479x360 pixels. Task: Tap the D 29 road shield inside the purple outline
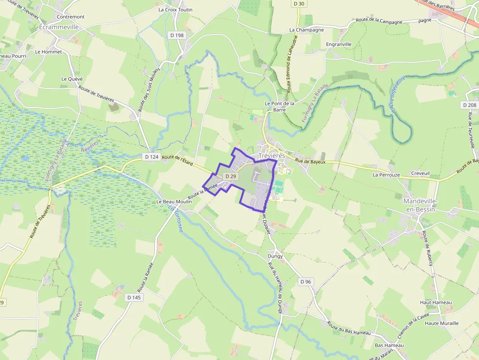[x=231, y=176]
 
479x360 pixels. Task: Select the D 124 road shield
[x=152, y=157]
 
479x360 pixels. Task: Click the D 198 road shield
[x=177, y=35]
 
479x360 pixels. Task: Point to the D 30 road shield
[x=299, y=4]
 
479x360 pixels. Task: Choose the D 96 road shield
[x=305, y=281]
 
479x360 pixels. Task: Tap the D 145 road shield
[x=134, y=297]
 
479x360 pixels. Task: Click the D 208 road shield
[x=469, y=105]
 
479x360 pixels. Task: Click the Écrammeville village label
[x=59, y=27]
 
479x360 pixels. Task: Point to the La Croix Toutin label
[x=175, y=9]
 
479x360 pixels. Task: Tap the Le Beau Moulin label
[x=174, y=201]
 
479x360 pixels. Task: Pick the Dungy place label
[x=275, y=255]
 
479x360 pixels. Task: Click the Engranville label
[x=339, y=44]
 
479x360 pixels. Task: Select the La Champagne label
[x=306, y=30]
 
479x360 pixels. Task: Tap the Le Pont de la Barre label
[x=280, y=106]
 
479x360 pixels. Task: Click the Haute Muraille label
[x=442, y=323]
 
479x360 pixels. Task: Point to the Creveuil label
[x=420, y=173]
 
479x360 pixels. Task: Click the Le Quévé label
[x=72, y=79]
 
